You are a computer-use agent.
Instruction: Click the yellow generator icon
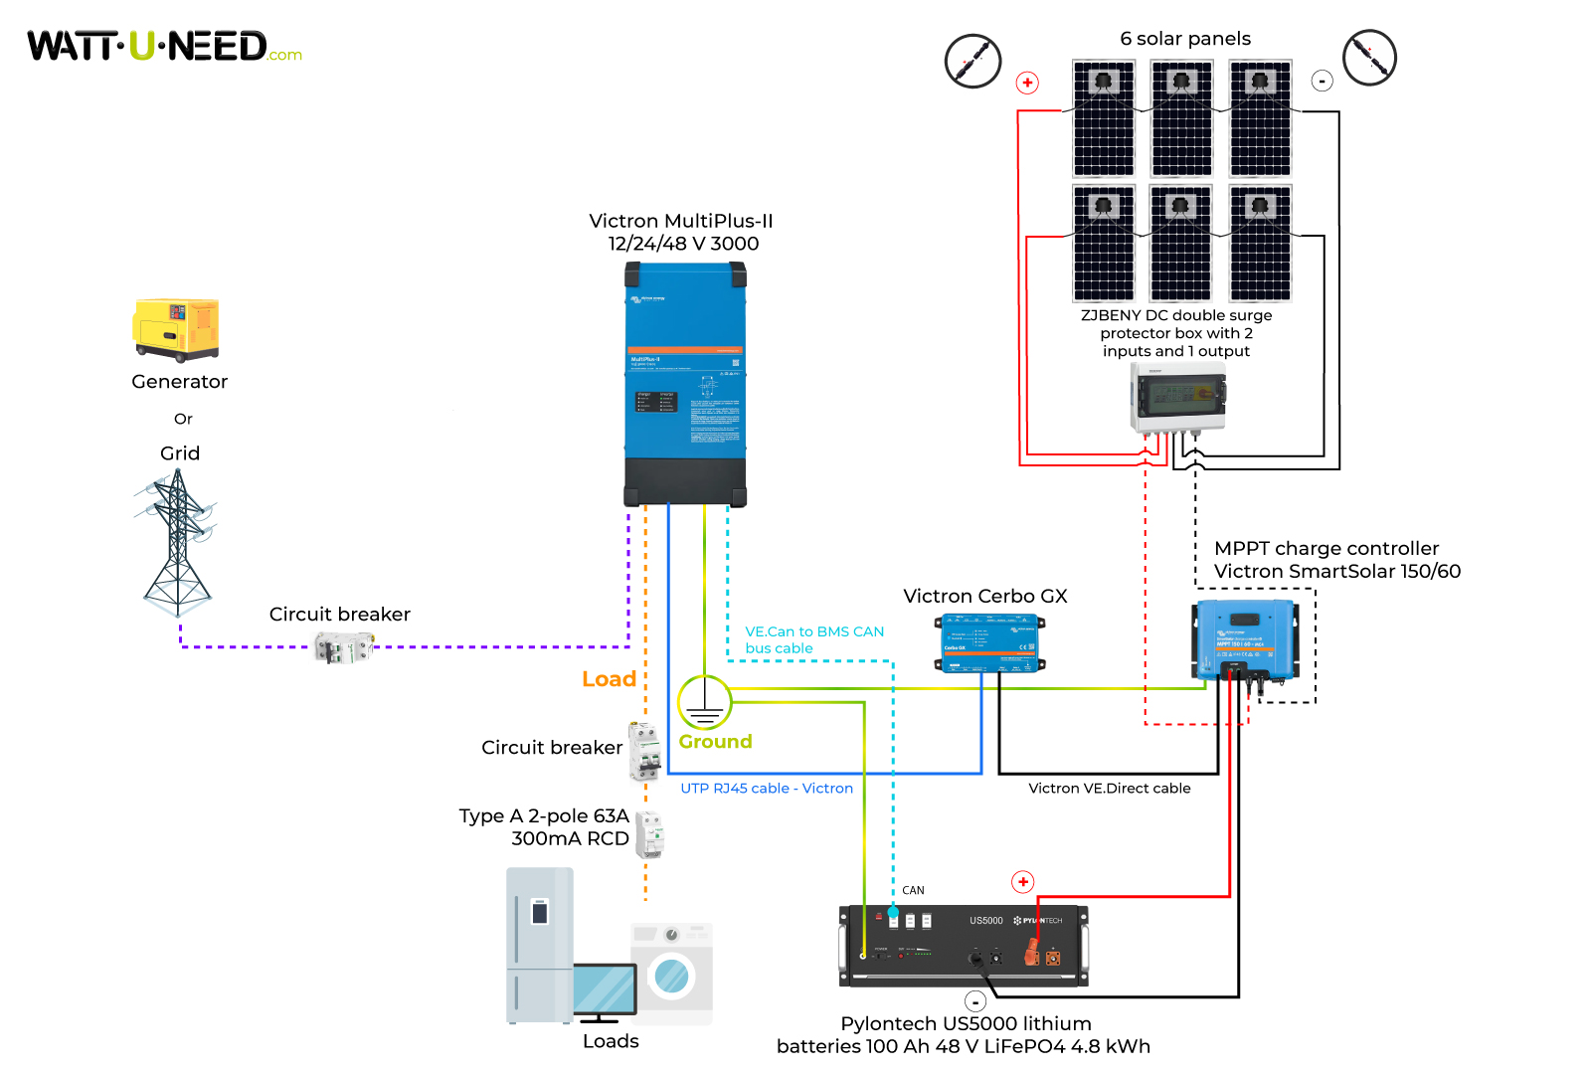pyautogui.click(x=176, y=329)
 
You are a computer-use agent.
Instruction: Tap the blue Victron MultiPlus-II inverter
pyautogui.click(x=685, y=384)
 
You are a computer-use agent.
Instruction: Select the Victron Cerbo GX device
pyautogui.click(x=989, y=643)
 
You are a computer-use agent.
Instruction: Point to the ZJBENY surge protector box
pyautogui.click(x=1178, y=397)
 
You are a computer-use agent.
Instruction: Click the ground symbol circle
pyautogui.click(x=704, y=702)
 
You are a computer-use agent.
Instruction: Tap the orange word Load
pyautogui.click(x=609, y=679)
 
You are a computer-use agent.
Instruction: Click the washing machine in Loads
pyautogui.click(x=672, y=974)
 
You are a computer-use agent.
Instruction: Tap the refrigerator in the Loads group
pyautogui.click(x=540, y=945)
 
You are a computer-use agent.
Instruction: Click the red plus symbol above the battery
pyautogui.click(x=1022, y=882)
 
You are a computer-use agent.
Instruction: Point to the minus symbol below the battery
pyautogui.click(x=975, y=1001)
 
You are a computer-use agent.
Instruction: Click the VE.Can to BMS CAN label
pyautogui.click(x=813, y=639)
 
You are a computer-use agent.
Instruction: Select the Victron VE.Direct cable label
pyautogui.click(x=1109, y=789)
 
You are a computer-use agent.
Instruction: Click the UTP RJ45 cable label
pyautogui.click(x=766, y=789)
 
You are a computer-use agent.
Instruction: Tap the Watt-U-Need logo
pyautogui.click(x=164, y=47)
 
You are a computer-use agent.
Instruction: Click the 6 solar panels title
pyautogui.click(x=1185, y=39)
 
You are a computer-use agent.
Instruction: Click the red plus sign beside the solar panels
pyautogui.click(x=1027, y=83)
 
